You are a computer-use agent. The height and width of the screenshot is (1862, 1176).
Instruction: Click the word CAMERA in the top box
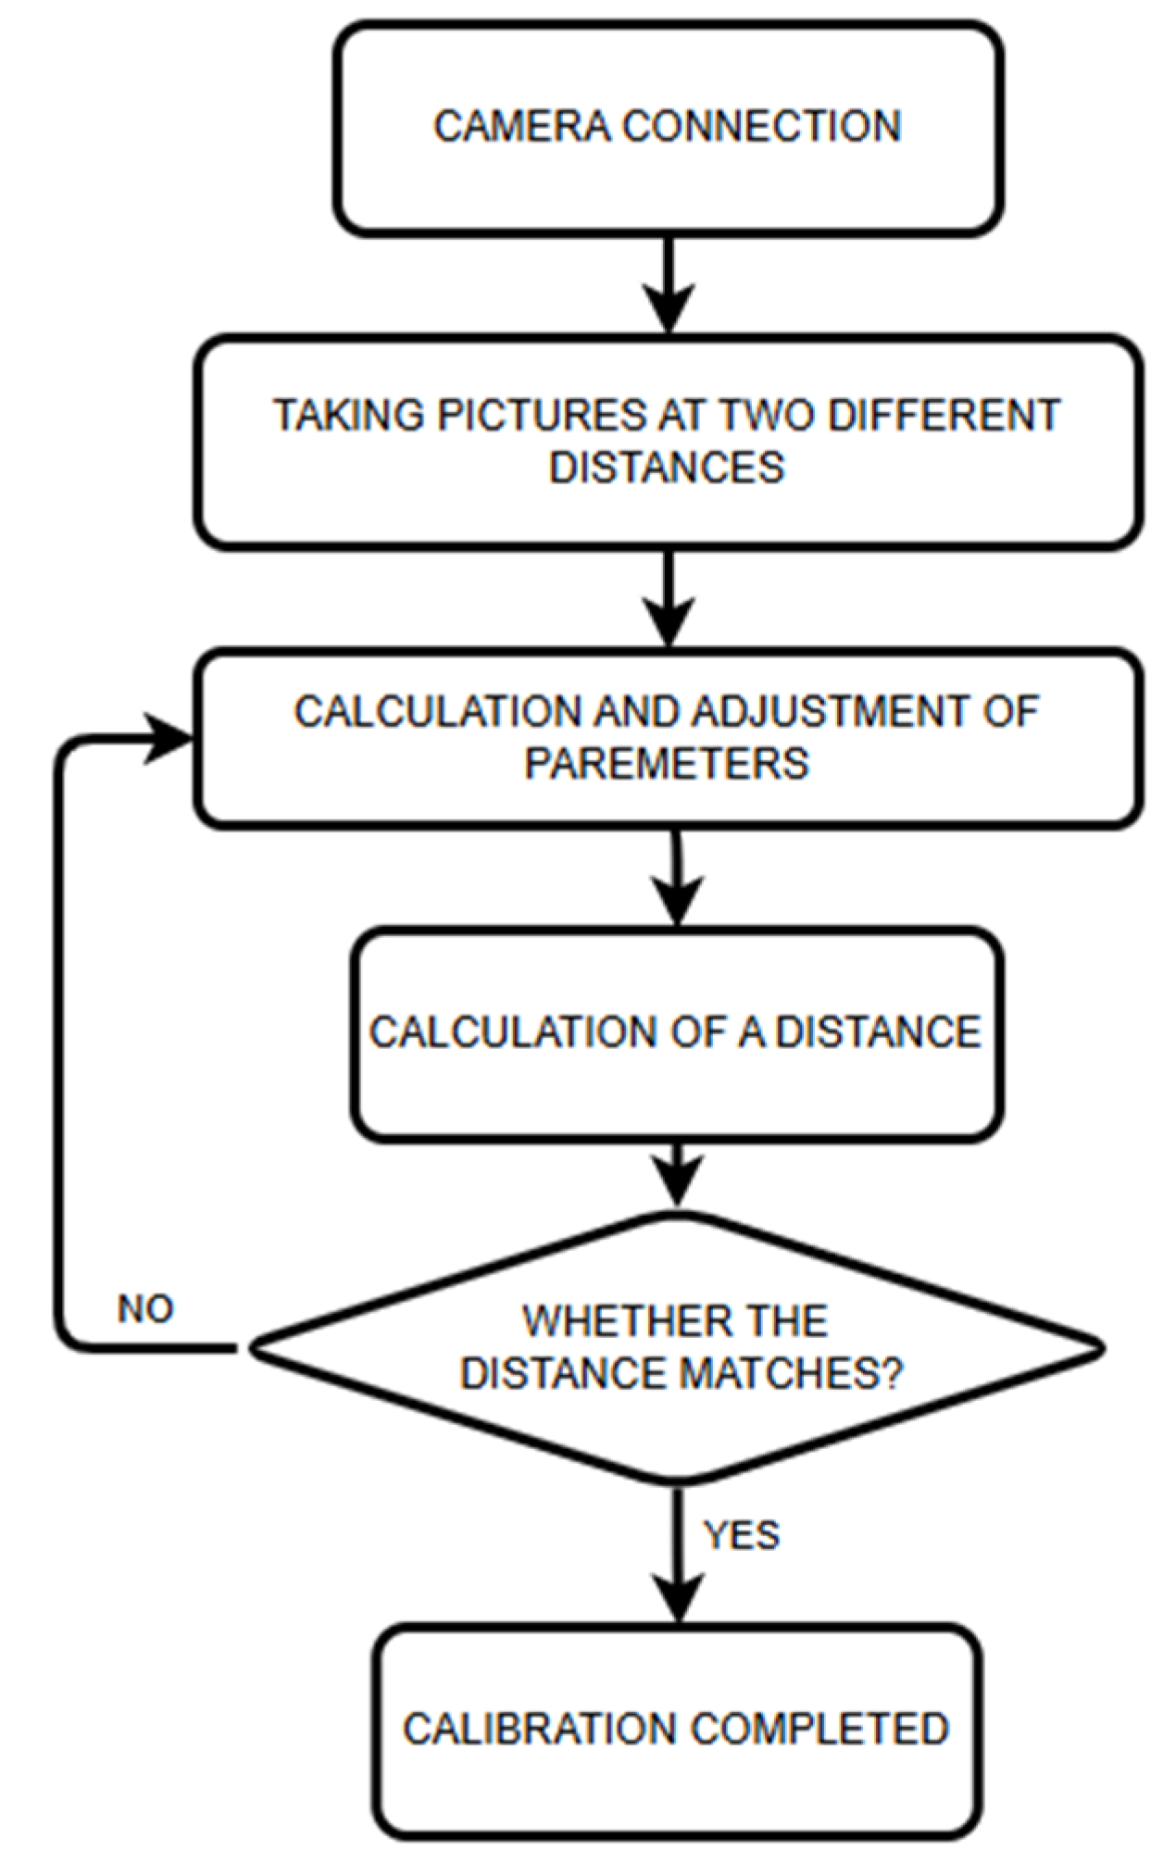pyautogui.click(x=521, y=127)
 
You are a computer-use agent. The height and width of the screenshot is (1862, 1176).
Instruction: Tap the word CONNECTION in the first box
pyautogui.click(x=761, y=127)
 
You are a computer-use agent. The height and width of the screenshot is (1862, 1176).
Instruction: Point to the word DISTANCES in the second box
pyautogui.click(x=667, y=467)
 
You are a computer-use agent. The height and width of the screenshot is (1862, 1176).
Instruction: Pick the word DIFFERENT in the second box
pyautogui.click(x=944, y=415)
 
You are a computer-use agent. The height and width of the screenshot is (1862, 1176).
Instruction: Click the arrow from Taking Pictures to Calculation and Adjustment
pyautogui.click(x=669, y=597)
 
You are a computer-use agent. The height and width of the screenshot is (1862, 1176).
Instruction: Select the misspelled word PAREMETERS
pyautogui.click(x=667, y=764)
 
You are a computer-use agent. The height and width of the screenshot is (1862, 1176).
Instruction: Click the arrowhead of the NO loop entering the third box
pyautogui.click(x=171, y=739)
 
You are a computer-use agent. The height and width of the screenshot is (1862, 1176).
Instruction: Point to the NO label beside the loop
pyautogui.click(x=145, y=1309)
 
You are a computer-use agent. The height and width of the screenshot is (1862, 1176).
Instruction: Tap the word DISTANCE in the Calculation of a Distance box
pyautogui.click(x=877, y=1032)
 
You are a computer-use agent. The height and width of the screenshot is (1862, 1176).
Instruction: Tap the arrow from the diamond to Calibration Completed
pyautogui.click(x=678, y=1556)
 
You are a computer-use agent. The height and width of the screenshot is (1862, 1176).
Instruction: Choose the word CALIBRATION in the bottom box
pyautogui.click(x=539, y=1729)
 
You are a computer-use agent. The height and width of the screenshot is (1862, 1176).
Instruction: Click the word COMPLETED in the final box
pyautogui.click(x=819, y=1729)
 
